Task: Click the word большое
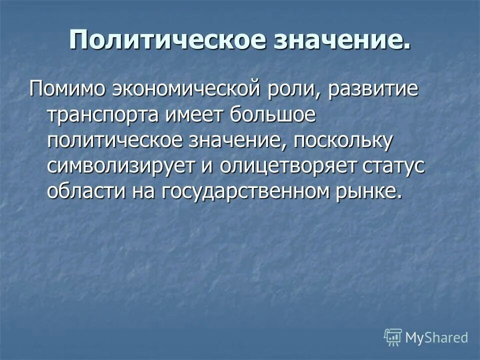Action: tap(273, 114)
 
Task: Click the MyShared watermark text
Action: tap(436, 337)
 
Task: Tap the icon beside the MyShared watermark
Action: tap(393, 337)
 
